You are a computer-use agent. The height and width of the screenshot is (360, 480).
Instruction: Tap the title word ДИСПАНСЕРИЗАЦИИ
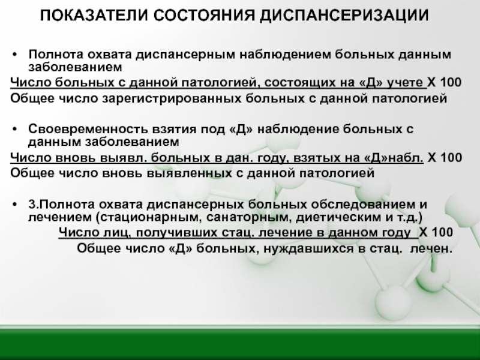[344, 16]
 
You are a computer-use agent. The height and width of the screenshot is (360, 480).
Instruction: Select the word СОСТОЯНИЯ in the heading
[204, 15]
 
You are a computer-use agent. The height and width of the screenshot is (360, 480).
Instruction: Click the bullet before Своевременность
[14, 130]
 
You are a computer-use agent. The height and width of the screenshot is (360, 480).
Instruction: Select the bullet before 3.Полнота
[14, 205]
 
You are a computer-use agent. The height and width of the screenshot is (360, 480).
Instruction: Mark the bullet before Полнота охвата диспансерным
[14, 55]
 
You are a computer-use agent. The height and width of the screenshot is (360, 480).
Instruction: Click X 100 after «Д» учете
[444, 82]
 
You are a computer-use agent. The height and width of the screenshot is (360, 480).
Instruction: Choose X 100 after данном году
[436, 232]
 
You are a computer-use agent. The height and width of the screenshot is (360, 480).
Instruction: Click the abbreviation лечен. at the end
[431, 248]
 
